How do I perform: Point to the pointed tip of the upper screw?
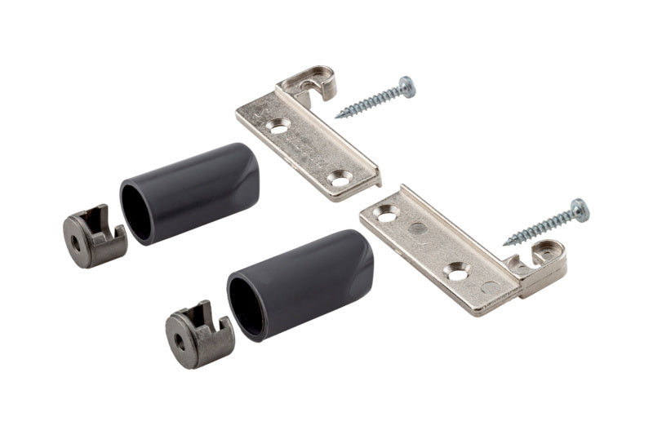[337, 115]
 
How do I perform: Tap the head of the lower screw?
[579, 210]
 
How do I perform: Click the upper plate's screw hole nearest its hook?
[279, 125]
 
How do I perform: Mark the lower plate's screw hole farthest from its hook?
[385, 214]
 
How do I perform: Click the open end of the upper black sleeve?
[136, 211]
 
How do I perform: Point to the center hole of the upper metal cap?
[76, 242]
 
